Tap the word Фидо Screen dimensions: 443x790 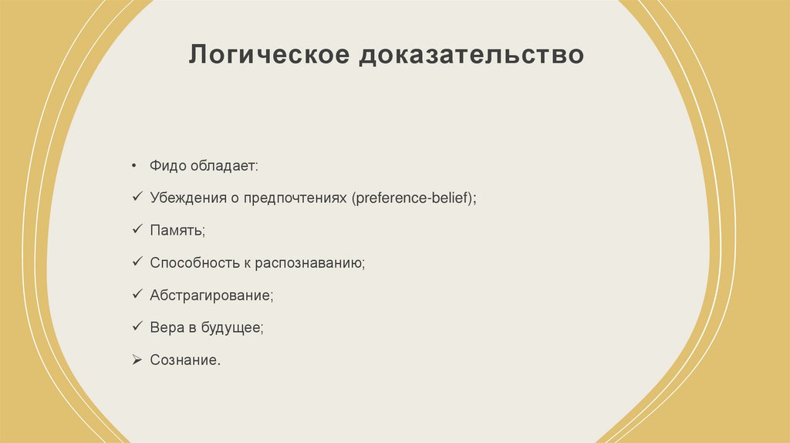[x=167, y=166]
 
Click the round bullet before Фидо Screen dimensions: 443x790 [x=134, y=166]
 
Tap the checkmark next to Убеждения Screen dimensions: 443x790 [x=135, y=198]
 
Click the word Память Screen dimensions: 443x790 [x=177, y=231]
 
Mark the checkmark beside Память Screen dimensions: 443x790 [x=135, y=230]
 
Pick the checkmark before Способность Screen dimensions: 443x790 [x=135, y=262]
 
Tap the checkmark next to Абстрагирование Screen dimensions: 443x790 [x=135, y=295]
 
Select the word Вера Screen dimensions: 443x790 [x=167, y=328]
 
